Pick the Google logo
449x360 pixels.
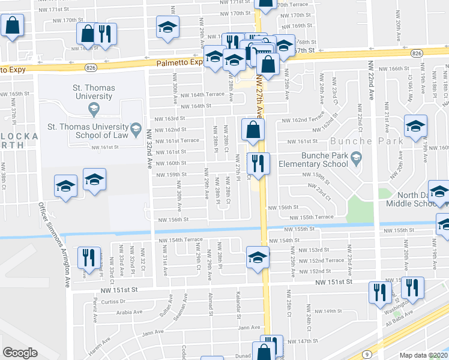[x=20, y=353]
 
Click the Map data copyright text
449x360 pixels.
[x=423, y=355]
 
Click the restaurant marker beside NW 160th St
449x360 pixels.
[x=258, y=163]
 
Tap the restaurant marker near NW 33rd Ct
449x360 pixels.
[x=89, y=258]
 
